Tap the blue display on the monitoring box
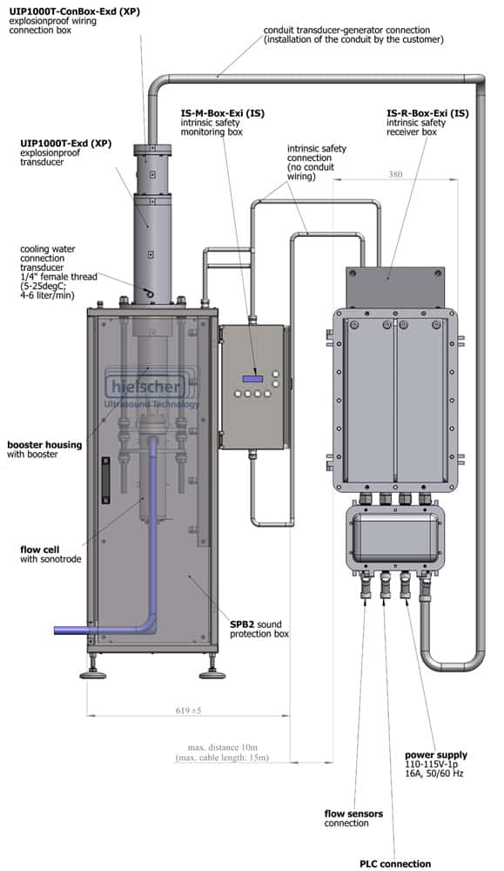[x=252, y=379]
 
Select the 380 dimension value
[x=395, y=174]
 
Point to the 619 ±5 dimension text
[x=188, y=711]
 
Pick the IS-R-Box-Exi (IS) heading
[x=427, y=113]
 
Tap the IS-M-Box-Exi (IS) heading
[x=223, y=113]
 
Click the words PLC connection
[x=395, y=863]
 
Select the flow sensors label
[x=353, y=814]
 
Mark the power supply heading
[x=436, y=755]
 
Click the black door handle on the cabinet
[x=105, y=480]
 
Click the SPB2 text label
[x=243, y=625]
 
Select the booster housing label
[x=44, y=445]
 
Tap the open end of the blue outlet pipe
[x=56, y=630]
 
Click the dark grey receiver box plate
[x=394, y=287]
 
